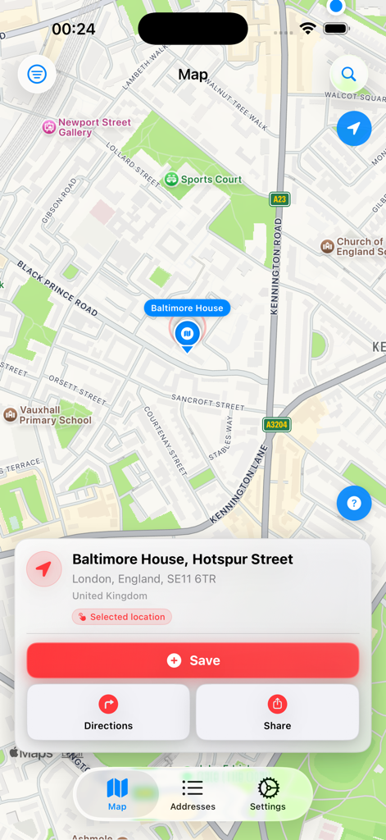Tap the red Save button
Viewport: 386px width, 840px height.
193,660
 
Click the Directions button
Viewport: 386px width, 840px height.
108,712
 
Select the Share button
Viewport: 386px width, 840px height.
277,712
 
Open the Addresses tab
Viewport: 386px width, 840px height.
193,795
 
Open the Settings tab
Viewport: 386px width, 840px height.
268,795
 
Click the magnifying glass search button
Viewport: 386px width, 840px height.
348,75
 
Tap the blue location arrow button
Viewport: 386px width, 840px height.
354,129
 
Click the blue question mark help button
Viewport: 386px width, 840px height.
354,503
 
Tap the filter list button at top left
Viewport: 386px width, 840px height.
37,75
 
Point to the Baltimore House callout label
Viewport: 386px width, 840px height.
187,308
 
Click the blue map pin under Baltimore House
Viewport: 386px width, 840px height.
187,334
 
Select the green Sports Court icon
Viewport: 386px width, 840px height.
171,180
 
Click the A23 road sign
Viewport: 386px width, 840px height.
279,199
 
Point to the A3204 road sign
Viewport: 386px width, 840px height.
276,425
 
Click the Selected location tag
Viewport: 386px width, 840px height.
122,617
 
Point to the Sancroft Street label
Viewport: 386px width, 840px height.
207,401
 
